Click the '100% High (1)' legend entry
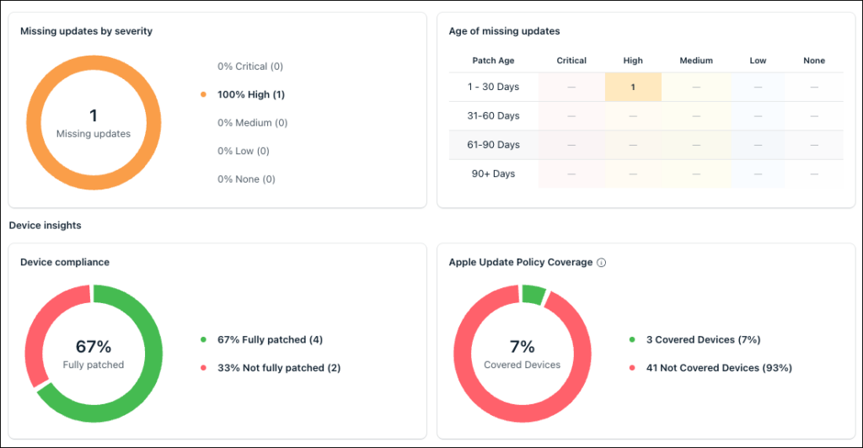[251, 94]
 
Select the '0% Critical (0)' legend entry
[250, 67]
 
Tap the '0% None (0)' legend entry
[246, 179]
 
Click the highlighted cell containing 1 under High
[633, 87]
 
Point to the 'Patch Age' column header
[493, 61]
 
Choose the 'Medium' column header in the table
[696, 61]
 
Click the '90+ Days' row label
[493, 173]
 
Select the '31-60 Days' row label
[493, 116]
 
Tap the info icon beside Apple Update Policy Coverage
[602, 263]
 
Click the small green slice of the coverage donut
[533, 295]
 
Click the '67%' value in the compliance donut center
[94, 347]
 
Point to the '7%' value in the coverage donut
[523, 347]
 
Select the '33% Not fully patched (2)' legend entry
[279, 368]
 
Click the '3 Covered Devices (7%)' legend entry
[704, 339]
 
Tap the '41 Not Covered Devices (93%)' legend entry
[719, 368]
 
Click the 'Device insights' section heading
[46, 226]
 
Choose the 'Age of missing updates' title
[504, 31]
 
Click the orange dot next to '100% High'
[204, 94]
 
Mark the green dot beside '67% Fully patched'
[204, 339]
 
